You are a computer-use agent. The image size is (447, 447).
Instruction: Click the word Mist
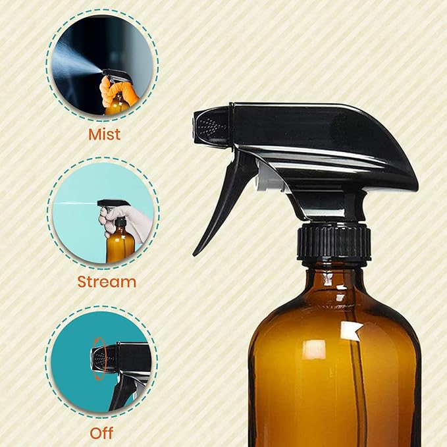point(105,134)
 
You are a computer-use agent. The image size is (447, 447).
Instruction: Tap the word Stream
point(107,282)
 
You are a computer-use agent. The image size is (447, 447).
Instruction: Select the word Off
point(101,433)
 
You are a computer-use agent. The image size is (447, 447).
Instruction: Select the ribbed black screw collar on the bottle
point(334,243)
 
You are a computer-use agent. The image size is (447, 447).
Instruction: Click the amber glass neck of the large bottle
point(334,273)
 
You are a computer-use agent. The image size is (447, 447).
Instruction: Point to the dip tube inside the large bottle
point(361,395)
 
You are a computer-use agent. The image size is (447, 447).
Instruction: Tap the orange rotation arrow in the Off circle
point(99,359)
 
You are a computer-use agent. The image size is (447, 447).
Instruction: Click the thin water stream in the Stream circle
point(76,203)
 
